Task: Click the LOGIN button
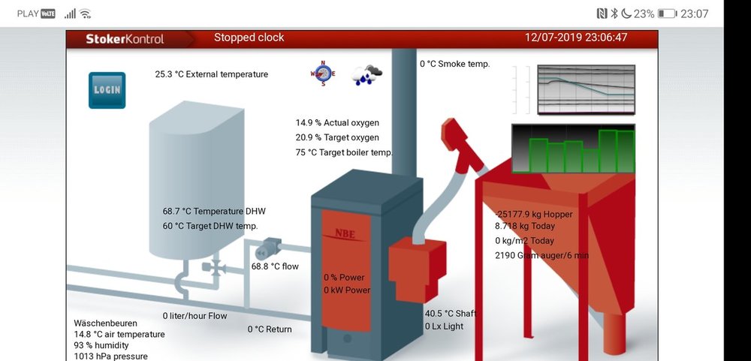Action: click(107, 90)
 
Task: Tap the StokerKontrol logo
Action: click(125, 38)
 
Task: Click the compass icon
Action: click(322, 74)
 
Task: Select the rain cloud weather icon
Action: click(368, 74)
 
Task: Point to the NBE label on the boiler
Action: click(345, 234)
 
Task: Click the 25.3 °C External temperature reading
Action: click(211, 74)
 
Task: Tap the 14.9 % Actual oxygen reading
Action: click(337, 122)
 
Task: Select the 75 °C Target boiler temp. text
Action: click(344, 152)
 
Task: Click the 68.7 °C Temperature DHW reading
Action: click(214, 212)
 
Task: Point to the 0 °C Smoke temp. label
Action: click(454, 64)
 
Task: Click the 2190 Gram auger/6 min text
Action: click(541, 255)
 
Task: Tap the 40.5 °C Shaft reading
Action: click(451, 313)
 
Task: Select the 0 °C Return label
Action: click(270, 329)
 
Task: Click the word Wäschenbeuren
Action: click(105, 323)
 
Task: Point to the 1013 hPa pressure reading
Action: click(110, 356)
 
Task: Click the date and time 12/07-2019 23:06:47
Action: click(576, 38)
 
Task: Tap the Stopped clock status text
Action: click(249, 38)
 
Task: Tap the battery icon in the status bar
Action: click(666, 14)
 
